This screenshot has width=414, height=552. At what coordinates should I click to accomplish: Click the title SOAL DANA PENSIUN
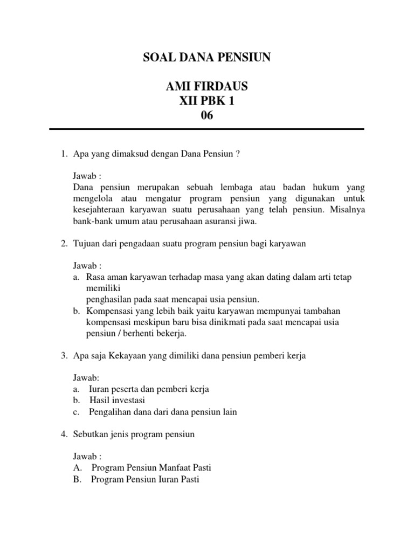click(x=206, y=58)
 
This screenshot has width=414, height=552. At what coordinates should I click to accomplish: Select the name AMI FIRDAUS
click(x=206, y=87)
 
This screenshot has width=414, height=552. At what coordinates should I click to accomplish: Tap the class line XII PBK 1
click(x=206, y=101)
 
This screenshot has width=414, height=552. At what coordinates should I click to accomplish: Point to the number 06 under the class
click(x=206, y=116)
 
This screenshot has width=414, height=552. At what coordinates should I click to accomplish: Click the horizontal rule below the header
click(x=206, y=129)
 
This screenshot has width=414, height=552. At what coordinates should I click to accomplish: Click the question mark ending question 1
click(x=238, y=154)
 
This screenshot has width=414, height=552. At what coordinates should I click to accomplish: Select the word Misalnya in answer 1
click(x=347, y=210)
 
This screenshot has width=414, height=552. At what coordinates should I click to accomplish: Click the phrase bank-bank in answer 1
click(x=91, y=221)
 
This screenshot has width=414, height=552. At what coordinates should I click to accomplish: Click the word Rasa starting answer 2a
click(x=95, y=277)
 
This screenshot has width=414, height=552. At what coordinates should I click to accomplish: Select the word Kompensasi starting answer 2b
click(x=110, y=311)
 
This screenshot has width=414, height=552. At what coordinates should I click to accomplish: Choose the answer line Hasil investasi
click(x=118, y=401)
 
